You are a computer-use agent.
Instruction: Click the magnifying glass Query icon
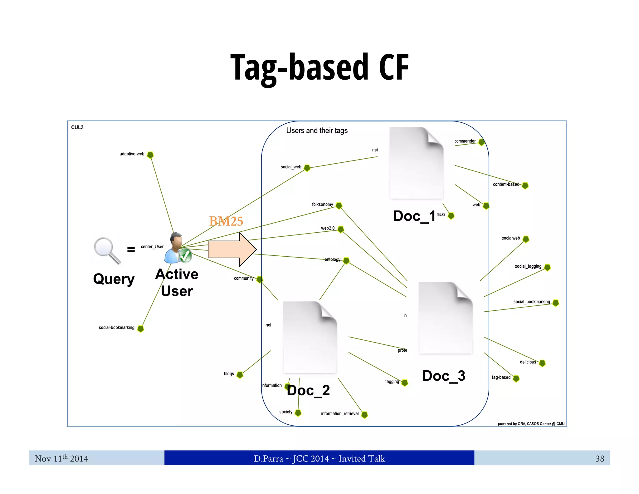click(x=106, y=250)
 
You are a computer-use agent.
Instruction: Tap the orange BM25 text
click(x=226, y=221)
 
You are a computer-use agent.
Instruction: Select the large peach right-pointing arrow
click(x=232, y=249)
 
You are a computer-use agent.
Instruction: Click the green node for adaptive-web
click(x=150, y=155)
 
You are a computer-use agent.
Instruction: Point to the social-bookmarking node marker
click(x=141, y=329)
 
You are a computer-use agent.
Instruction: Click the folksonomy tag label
click(x=322, y=205)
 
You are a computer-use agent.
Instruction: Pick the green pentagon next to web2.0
click(x=341, y=230)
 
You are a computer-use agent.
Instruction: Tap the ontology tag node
click(x=346, y=260)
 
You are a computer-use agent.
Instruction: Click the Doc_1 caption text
click(x=414, y=216)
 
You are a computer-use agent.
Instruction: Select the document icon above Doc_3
click(x=445, y=318)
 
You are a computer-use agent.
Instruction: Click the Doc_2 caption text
click(x=308, y=390)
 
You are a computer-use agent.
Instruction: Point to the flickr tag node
click(x=451, y=215)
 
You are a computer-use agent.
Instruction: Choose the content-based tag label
click(x=506, y=185)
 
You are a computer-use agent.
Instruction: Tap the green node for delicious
click(x=542, y=363)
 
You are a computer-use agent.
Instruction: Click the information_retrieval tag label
click(x=339, y=414)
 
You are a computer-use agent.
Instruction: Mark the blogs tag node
click(x=240, y=375)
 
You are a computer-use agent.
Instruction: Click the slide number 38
click(x=599, y=458)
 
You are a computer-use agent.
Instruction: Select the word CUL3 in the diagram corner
click(x=77, y=127)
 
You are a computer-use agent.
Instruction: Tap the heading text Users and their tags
click(x=317, y=131)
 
